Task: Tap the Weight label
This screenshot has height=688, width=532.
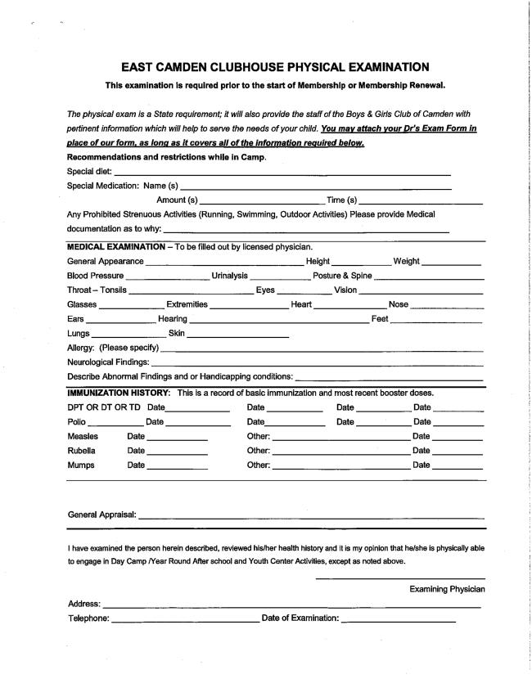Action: (406, 261)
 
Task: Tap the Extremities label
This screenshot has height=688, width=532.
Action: (187, 304)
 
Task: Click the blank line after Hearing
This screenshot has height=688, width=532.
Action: (278, 319)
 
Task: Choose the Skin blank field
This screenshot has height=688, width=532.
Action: (238, 334)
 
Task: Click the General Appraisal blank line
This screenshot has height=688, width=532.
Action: (312, 517)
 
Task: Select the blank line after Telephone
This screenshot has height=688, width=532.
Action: (184, 619)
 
